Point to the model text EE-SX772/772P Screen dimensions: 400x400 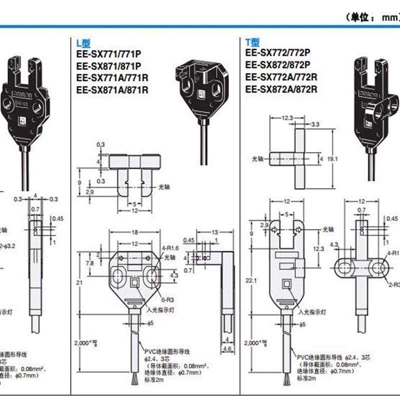point(277,52)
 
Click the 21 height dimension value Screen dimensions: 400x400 point(79,282)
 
